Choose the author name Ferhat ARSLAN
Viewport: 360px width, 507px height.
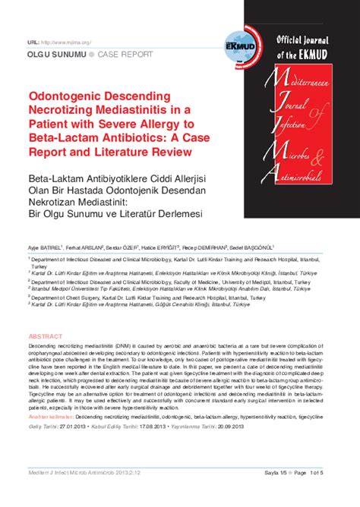84,247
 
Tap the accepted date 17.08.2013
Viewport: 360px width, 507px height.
152,427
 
